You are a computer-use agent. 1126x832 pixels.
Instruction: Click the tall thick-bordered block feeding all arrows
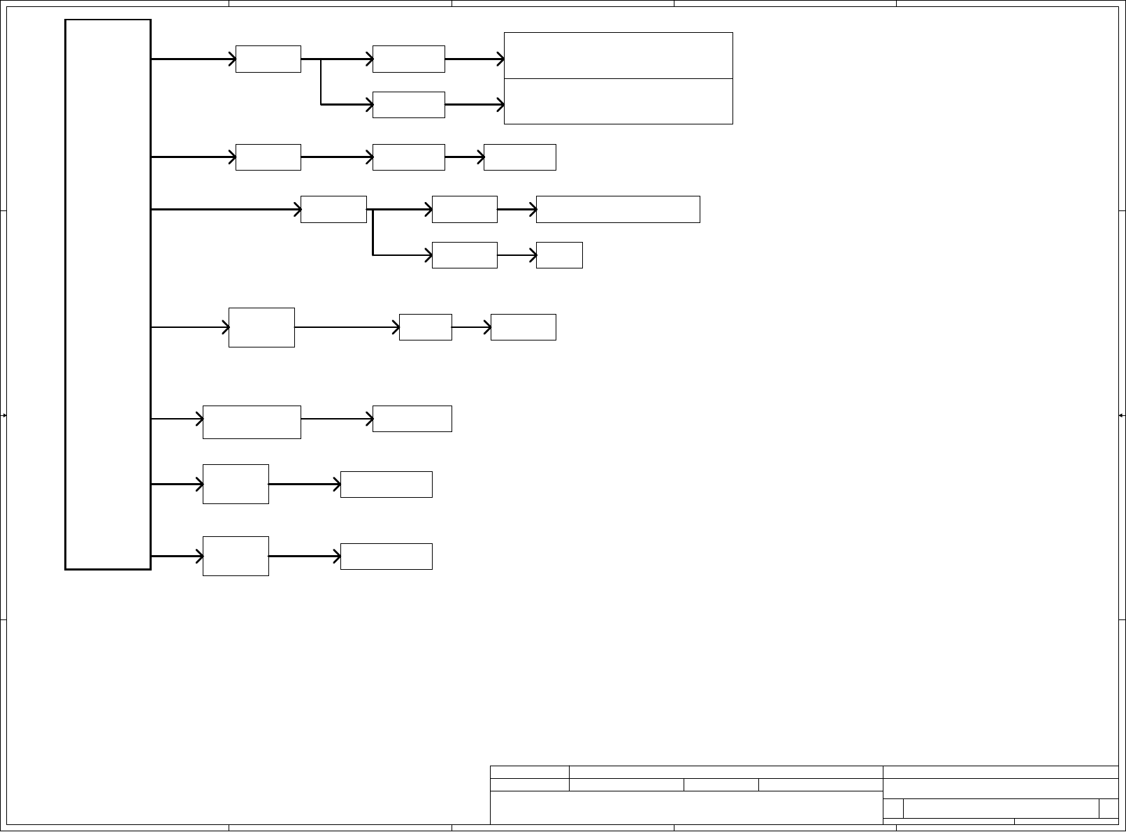(108, 294)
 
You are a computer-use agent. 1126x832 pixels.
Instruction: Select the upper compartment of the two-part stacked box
(618, 55)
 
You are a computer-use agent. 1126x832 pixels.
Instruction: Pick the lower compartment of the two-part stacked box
(618, 101)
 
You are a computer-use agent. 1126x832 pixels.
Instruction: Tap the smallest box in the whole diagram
(559, 255)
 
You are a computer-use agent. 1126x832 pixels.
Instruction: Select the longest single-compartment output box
(618, 209)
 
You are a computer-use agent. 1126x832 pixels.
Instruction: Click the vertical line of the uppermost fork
(321, 82)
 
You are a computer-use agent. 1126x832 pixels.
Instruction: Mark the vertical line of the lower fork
(373, 232)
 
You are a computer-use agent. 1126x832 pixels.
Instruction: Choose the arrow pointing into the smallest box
(517, 255)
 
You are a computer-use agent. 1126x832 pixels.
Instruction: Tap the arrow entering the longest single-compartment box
(517, 209)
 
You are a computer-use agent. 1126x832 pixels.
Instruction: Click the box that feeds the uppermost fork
(268, 59)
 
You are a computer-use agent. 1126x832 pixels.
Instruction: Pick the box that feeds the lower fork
(333, 209)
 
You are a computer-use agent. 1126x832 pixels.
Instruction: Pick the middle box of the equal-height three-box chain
(408, 157)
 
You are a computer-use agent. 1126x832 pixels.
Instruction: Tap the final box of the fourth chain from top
(523, 327)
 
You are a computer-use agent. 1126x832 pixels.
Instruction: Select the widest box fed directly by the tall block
(252, 422)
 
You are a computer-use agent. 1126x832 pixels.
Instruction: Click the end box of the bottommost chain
(386, 557)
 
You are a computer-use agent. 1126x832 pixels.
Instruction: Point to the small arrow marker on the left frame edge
(4, 415)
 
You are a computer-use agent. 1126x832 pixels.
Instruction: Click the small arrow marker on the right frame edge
(1121, 415)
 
